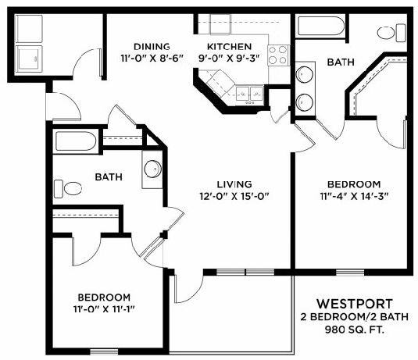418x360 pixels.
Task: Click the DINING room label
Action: (152, 47)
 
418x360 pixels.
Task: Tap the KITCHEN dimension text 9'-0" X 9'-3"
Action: (229, 58)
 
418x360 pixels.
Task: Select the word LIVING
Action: (234, 184)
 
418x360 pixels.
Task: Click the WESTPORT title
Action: (355, 304)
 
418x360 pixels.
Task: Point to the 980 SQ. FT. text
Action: (355, 330)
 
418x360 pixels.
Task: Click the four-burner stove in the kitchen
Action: (278, 55)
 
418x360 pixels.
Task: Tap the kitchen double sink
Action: (249, 94)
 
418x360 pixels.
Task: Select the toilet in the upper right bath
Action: (391, 33)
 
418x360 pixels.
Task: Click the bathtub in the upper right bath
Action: (320, 26)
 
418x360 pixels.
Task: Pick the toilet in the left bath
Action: (67, 189)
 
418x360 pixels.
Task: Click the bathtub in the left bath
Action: (76, 141)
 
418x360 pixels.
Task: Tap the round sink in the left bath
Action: (153, 169)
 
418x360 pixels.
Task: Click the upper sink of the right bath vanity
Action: (305, 75)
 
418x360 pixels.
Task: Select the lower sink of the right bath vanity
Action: (305, 102)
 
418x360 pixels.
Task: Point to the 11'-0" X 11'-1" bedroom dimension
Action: (104, 309)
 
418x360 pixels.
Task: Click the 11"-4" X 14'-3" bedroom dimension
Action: (354, 196)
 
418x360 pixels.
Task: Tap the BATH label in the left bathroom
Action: (109, 177)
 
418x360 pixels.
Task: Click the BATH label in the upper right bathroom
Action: (341, 62)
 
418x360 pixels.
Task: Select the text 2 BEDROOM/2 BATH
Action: (355, 317)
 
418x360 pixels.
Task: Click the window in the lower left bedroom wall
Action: (104, 352)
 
